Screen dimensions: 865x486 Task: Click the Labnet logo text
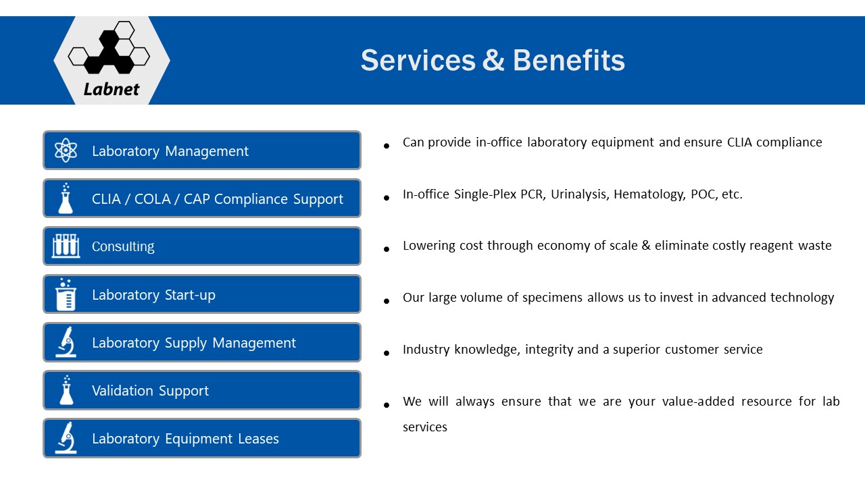112,90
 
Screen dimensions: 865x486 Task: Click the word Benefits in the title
568,61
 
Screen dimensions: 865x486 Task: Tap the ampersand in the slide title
493,61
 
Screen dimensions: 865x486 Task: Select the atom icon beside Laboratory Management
66,151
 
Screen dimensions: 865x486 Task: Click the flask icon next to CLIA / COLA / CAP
66,198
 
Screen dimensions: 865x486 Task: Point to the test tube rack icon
66,246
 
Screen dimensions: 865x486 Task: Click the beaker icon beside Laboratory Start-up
66,294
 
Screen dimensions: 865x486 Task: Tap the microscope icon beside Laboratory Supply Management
66,342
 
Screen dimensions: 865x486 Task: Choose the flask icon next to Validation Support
66,390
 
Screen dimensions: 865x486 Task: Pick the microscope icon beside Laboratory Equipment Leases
66,438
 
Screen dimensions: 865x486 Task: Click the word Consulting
123,246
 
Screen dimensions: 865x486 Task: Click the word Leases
258,439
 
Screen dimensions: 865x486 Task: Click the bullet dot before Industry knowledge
386,352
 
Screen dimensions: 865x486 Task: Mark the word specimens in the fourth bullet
552,298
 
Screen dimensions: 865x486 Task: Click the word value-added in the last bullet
698,402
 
